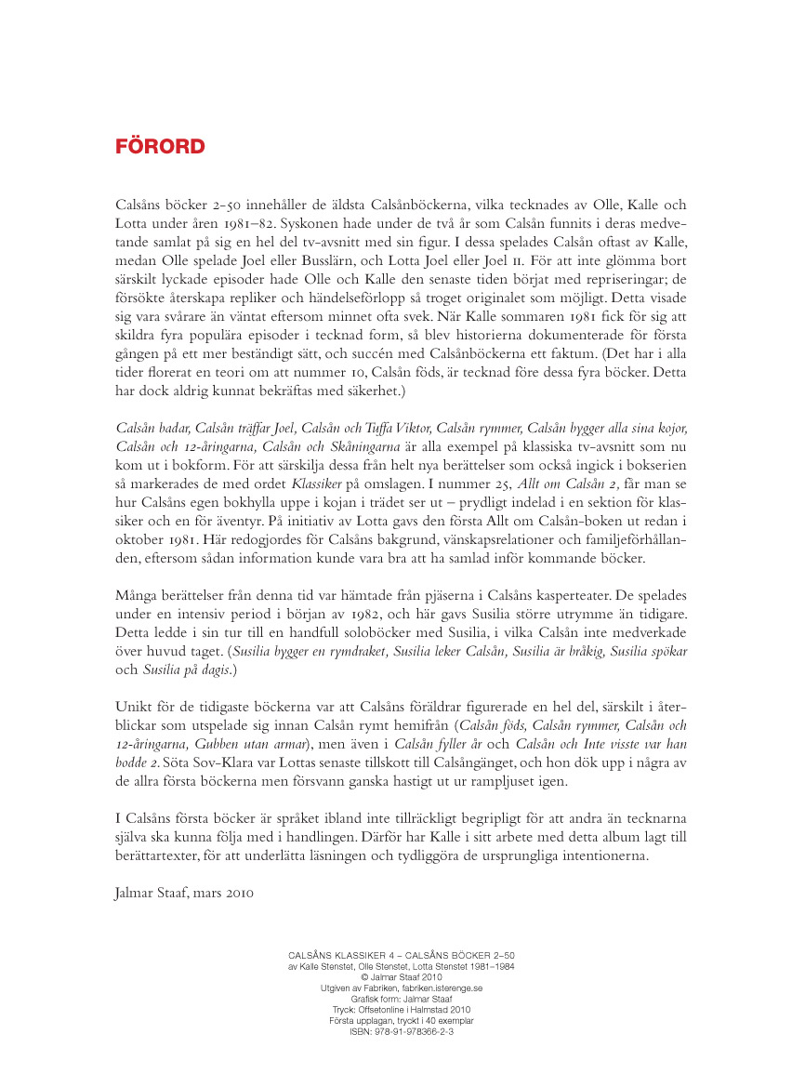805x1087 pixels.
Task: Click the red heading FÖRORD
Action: click(160, 147)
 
